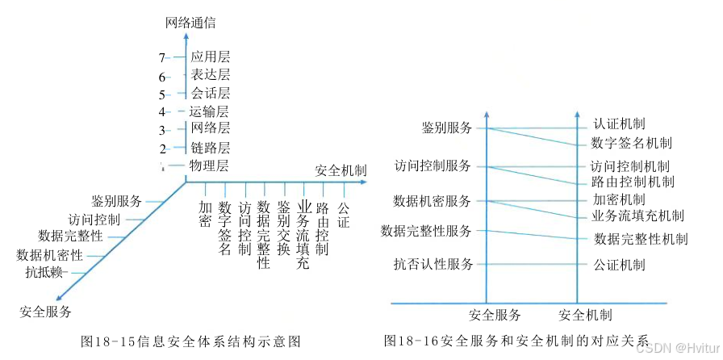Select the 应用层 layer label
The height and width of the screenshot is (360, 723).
coord(210,57)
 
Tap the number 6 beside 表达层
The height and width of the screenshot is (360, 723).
coord(162,77)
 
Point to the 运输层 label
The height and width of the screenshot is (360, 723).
coord(209,112)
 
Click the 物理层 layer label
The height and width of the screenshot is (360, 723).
coord(209,166)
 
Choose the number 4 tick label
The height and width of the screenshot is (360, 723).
coord(162,112)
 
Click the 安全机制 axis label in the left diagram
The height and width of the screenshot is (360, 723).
coord(340,171)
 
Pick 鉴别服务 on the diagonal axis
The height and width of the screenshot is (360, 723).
coord(116,201)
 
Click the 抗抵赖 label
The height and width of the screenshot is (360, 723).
coord(44,272)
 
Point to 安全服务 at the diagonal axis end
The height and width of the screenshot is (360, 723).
coord(46,311)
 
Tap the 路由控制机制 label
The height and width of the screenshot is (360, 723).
coord(632,182)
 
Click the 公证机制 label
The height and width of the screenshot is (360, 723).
coord(619,264)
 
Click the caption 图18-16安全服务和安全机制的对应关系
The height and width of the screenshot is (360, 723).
coord(516,341)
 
